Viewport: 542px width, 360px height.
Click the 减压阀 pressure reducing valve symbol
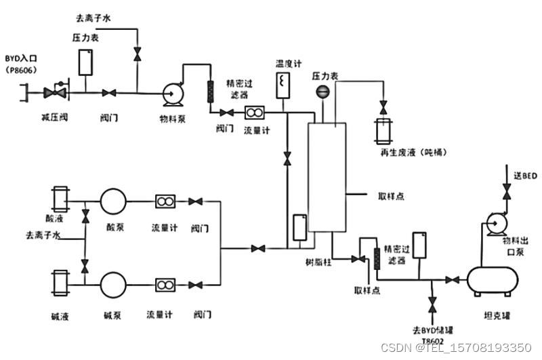[x=55, y=91]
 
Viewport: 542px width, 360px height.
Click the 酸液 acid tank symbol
[x=60, y=199]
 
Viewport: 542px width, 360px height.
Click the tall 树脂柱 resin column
[x=327, y=178]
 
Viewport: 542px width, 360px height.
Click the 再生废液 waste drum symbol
[x=384, y=131]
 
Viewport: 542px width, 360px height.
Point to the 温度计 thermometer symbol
[x=283, y=85]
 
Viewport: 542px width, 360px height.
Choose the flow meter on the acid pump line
[x=165, y=201]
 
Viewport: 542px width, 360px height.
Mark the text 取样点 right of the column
[x=391, y=196]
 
